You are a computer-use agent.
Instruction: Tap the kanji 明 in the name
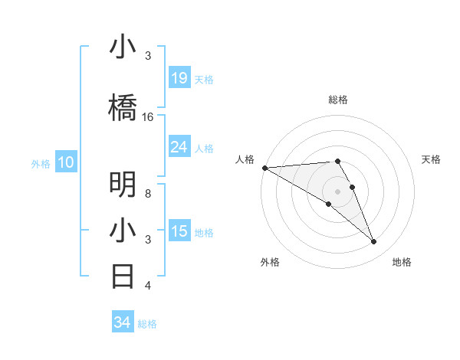point(123,184)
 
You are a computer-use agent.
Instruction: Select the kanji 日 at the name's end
point(123,276)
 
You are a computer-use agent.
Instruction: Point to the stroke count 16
point(148,117)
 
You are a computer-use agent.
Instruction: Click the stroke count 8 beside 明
point(148,193)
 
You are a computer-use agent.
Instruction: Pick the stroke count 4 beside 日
point(148,286)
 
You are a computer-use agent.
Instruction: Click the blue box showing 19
point(179,78)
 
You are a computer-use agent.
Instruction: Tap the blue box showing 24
point(179,147)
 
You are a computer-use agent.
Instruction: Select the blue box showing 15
point(179,231)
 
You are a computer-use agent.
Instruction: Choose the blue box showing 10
point(66,162)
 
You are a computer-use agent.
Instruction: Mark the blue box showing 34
point(122,322)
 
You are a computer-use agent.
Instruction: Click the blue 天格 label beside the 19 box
point(203,79)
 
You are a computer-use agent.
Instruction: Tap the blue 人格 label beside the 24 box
point(203,148)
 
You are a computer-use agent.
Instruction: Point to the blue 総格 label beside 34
point(147,324)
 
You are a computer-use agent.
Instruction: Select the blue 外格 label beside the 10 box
point(41,163)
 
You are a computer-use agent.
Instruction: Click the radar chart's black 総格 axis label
point(337,100)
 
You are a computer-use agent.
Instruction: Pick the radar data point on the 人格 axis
point(264,168)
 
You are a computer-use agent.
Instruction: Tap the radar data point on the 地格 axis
point(373,242)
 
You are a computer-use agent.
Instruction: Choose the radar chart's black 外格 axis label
point(270,262)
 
